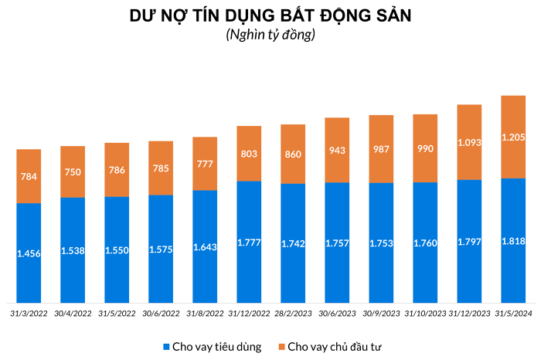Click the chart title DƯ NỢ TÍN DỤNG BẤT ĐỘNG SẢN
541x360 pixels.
point(270,15)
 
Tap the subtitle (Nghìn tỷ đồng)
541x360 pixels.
point(270,35)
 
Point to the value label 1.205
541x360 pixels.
point(513,137)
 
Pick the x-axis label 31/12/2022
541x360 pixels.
point(249,313)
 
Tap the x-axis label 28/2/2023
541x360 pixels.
point(293,313)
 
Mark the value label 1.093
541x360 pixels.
point(469,143)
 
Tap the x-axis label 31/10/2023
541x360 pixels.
point(425,313)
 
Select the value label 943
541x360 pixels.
point(337,150)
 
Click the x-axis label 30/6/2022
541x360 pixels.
point(161,313)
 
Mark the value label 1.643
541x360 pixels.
point(205,247)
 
